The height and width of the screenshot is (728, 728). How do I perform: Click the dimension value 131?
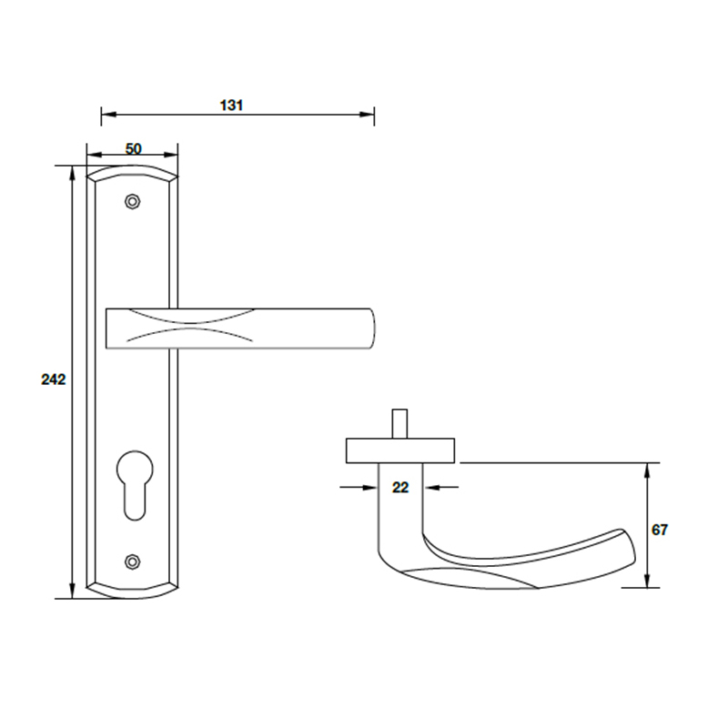(232, 105)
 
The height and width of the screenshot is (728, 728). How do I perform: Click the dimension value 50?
(133, 149)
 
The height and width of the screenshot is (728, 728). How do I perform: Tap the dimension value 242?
(54, 379)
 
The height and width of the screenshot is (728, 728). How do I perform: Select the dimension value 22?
(400, 488)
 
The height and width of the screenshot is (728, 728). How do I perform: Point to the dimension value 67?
(661, 530)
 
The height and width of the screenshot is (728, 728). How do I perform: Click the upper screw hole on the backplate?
(134, 200)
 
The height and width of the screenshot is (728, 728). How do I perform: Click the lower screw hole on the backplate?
(134, 561)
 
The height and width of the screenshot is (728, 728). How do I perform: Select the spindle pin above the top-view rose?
(399, 424)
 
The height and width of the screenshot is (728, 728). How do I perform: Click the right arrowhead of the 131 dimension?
(369, 115)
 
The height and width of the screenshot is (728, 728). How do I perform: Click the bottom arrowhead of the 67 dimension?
(647, 581)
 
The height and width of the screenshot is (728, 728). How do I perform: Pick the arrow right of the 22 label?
(430, 489)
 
